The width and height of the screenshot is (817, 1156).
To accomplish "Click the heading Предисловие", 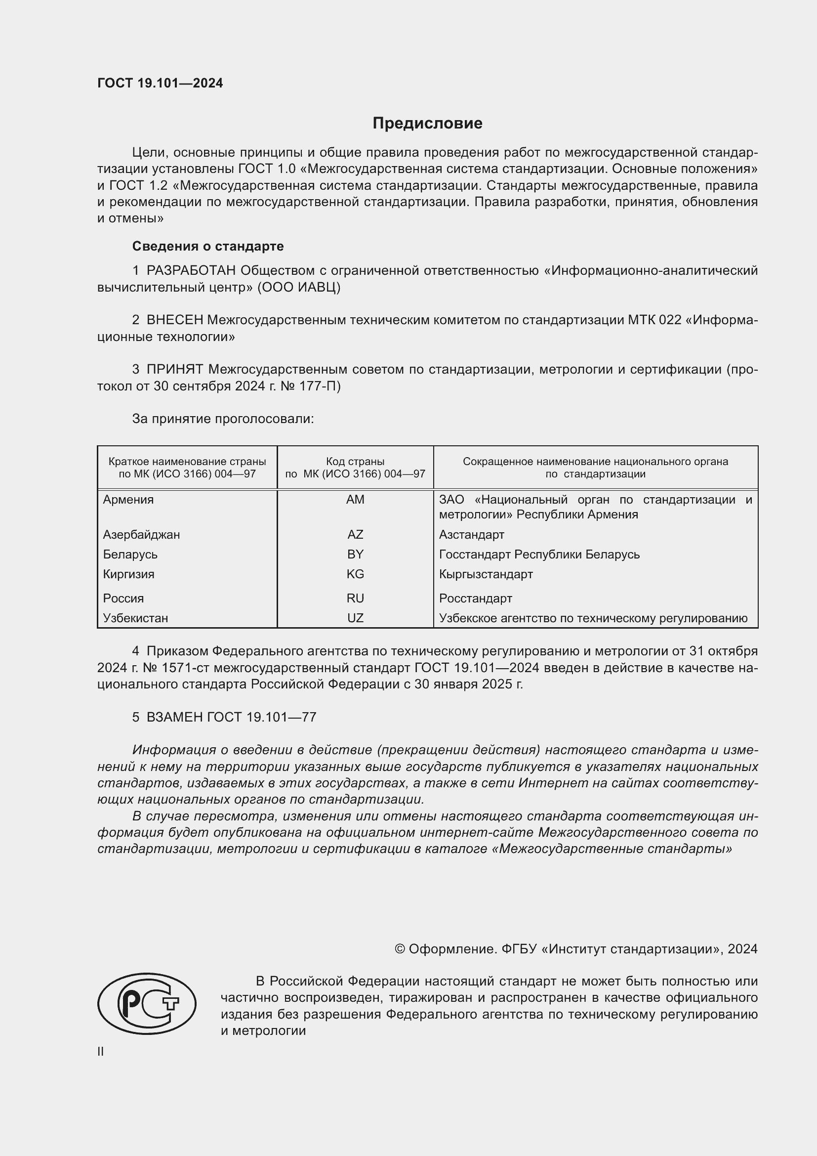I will click(x=427, y=124).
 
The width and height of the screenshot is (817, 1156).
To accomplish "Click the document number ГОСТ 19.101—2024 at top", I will click(x=160, y=84).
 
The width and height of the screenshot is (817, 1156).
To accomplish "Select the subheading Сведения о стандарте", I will click(x=208, y=246).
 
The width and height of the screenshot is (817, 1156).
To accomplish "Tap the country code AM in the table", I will click(x=355, y=500).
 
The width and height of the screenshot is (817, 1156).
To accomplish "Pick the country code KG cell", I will click(x=355, y=574).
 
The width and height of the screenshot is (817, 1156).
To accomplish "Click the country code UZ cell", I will click(x=355, y=618).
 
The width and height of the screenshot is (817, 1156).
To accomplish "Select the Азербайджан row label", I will click(x=141, y=534).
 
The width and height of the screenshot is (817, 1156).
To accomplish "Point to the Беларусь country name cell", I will click(x=130, y=555).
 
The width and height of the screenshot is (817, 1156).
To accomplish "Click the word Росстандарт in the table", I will click(x=475, y=598).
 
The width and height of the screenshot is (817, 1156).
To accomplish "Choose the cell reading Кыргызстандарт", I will click(x=486, y=574).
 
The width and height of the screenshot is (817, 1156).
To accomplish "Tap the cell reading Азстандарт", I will click(x=471, y=534).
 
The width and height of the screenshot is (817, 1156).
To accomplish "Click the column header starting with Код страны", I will click(x=355, y=467).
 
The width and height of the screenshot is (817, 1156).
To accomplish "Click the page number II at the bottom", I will click(x=101, y=1052).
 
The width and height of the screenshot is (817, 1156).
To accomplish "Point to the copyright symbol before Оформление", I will click(x=400, y=949).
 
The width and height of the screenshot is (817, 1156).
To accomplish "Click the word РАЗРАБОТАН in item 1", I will click(x=191, y=271).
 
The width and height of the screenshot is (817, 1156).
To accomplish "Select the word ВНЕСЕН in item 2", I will click(x=174, y=320).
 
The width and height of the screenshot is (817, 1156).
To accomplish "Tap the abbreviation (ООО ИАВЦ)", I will click(x=299, y=288).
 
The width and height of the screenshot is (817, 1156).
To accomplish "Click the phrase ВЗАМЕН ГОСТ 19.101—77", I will click(x=231, y=717).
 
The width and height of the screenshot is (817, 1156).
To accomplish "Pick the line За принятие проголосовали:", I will click(x=223, y=419).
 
